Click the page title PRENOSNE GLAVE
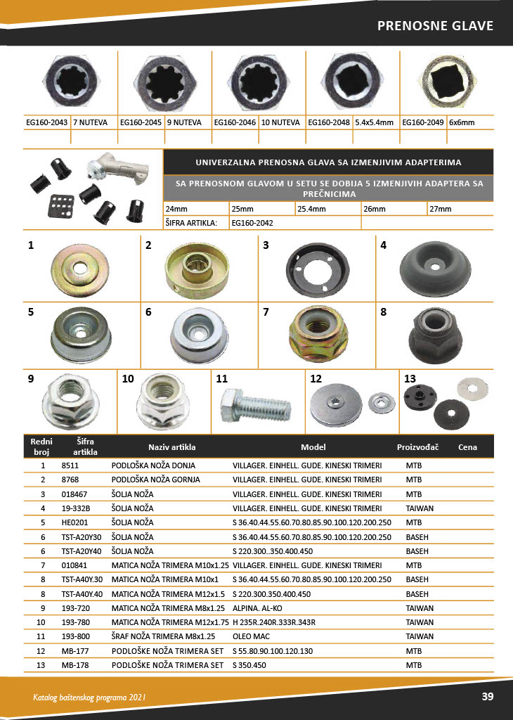[x=435, y=26]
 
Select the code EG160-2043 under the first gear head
[x=46, y=122]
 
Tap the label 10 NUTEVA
[x=280, y=122]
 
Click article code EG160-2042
[x=252, y=223]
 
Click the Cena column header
[x=467, y=447]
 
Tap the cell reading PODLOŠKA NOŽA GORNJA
[x=155, y=480]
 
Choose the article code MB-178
[x=74, y=664]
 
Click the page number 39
[x=487, y=697]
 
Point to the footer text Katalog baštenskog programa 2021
[x=89, y=697]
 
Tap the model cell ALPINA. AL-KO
[x=262, y=607]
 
